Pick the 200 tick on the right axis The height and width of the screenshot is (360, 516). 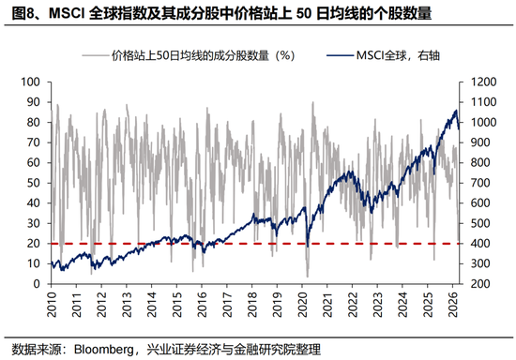point(472,283)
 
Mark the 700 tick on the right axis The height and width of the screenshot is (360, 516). point(472,183)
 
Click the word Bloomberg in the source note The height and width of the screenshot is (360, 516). point(100,349)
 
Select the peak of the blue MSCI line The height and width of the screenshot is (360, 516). point(456,111)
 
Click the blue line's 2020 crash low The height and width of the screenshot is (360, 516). point(307,247)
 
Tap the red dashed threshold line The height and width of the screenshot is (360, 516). point(235,243)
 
